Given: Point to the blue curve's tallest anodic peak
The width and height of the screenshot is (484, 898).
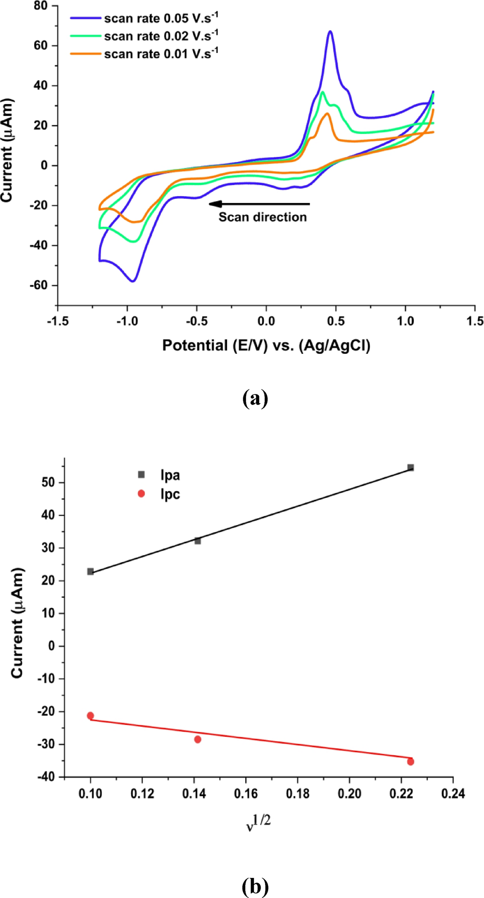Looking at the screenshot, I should tap(330, 31).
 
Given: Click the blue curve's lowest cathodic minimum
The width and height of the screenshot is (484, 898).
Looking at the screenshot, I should tap(133, 281).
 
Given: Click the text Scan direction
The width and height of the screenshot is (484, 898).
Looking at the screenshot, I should tap(263, 217).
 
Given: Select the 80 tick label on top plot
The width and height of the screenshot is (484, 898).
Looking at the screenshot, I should tap(41, 6).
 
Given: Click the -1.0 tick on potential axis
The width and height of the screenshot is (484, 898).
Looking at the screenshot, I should tap(127, 321).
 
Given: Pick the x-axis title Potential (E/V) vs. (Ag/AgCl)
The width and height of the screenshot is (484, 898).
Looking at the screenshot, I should tap(266, 345).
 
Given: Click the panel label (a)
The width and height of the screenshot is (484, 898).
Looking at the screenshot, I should tap(255, 398).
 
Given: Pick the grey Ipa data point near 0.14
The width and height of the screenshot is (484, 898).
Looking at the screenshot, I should tap(198, 541).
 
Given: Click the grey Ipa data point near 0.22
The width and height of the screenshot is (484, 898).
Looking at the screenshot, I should tap(411, 467).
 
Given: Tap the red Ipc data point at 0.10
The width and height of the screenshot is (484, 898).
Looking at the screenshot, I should tap(90, 716).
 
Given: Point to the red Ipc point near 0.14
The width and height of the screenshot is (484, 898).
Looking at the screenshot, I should tap(198, 739).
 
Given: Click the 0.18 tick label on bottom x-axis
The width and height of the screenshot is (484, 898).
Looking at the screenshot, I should tap(298, 794).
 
